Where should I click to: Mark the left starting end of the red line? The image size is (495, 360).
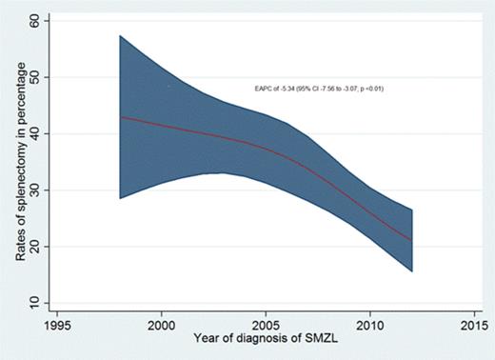(120, 117)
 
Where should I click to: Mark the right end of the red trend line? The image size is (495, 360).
(411, 241)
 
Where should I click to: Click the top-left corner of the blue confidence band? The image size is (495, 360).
(120, 36)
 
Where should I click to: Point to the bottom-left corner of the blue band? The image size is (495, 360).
(120, 198)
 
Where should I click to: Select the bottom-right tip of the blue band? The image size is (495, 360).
(411, 271)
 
